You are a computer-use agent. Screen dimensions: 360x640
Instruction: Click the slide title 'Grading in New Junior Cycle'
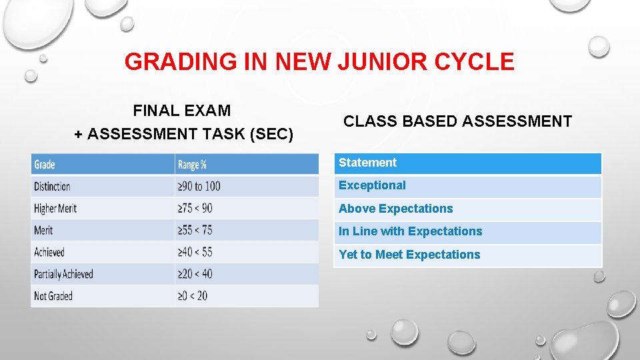pyautogui.click(x=319, y=62)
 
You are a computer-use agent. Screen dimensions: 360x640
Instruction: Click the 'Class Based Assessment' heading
pyautogui.click(x=457, y=121)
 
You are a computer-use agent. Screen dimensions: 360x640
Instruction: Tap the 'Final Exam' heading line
pyautogui.click(x=182, y=110)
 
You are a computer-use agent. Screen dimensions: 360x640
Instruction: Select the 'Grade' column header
pyautogui.click(x=45, y=165)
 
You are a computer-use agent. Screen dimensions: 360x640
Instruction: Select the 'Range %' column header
pyautogui.click(x=192, y=165)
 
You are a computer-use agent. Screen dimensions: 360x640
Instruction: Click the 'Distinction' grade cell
pyautogui.click(x=53, y=187)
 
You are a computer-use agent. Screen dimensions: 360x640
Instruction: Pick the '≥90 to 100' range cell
pyautogui.click(x=199, y=187)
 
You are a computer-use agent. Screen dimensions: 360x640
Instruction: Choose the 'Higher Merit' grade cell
pyautogui.click(x=55, y=209)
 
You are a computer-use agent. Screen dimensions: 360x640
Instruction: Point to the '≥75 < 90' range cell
pyautogui.click(x=195, y=209)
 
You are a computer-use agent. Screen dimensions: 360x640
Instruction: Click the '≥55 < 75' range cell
pyautogui.click(x=195, y=231)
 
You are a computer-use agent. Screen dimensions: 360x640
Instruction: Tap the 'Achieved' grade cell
pyautogui.click(x=49, y=253)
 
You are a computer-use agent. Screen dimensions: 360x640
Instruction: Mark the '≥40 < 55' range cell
pyautogui.click(x=195, y=253)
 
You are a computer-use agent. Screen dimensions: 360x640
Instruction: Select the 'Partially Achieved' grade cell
pyautogui.click(x=64, y=275)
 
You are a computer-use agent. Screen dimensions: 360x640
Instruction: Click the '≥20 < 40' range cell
pyautogui.click(x=195, y=275)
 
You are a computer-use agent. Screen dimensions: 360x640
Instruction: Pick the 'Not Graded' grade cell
pyautogui.click(x=53, y=296)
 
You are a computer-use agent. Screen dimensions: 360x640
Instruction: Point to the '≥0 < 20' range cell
pyautogui.click(x=193, y=296)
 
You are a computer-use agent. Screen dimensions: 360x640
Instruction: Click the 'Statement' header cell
pyautogui.click(x=367, y=163)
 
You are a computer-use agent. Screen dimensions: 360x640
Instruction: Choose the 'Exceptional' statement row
pyautogui.click(x=372, y=186)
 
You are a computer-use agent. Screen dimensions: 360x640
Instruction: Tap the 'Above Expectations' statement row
pyautogui.click(x=396, y=209)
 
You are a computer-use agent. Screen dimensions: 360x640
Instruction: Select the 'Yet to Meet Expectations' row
pyautogui.click(x=409, y=255)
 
